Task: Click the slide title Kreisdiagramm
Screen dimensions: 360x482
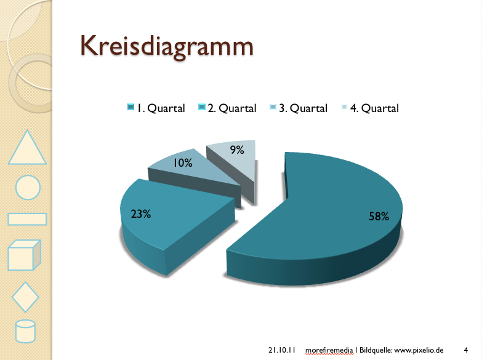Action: (167, 47)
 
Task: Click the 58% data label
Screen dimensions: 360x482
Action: (379, 217)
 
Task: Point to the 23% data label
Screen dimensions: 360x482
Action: (141, 214)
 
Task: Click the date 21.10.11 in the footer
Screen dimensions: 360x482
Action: (282, 350)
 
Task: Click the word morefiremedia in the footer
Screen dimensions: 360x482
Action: (329, 350)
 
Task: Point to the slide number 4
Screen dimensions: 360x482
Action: (465, 350)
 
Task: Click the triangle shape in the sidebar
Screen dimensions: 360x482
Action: (26, 149)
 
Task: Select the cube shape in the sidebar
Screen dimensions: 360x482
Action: (24, 255)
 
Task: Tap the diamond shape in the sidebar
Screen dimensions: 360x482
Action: (25, 297)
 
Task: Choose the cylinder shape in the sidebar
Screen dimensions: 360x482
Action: (25, 332)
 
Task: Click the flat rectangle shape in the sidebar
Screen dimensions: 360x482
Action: (27, 219)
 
